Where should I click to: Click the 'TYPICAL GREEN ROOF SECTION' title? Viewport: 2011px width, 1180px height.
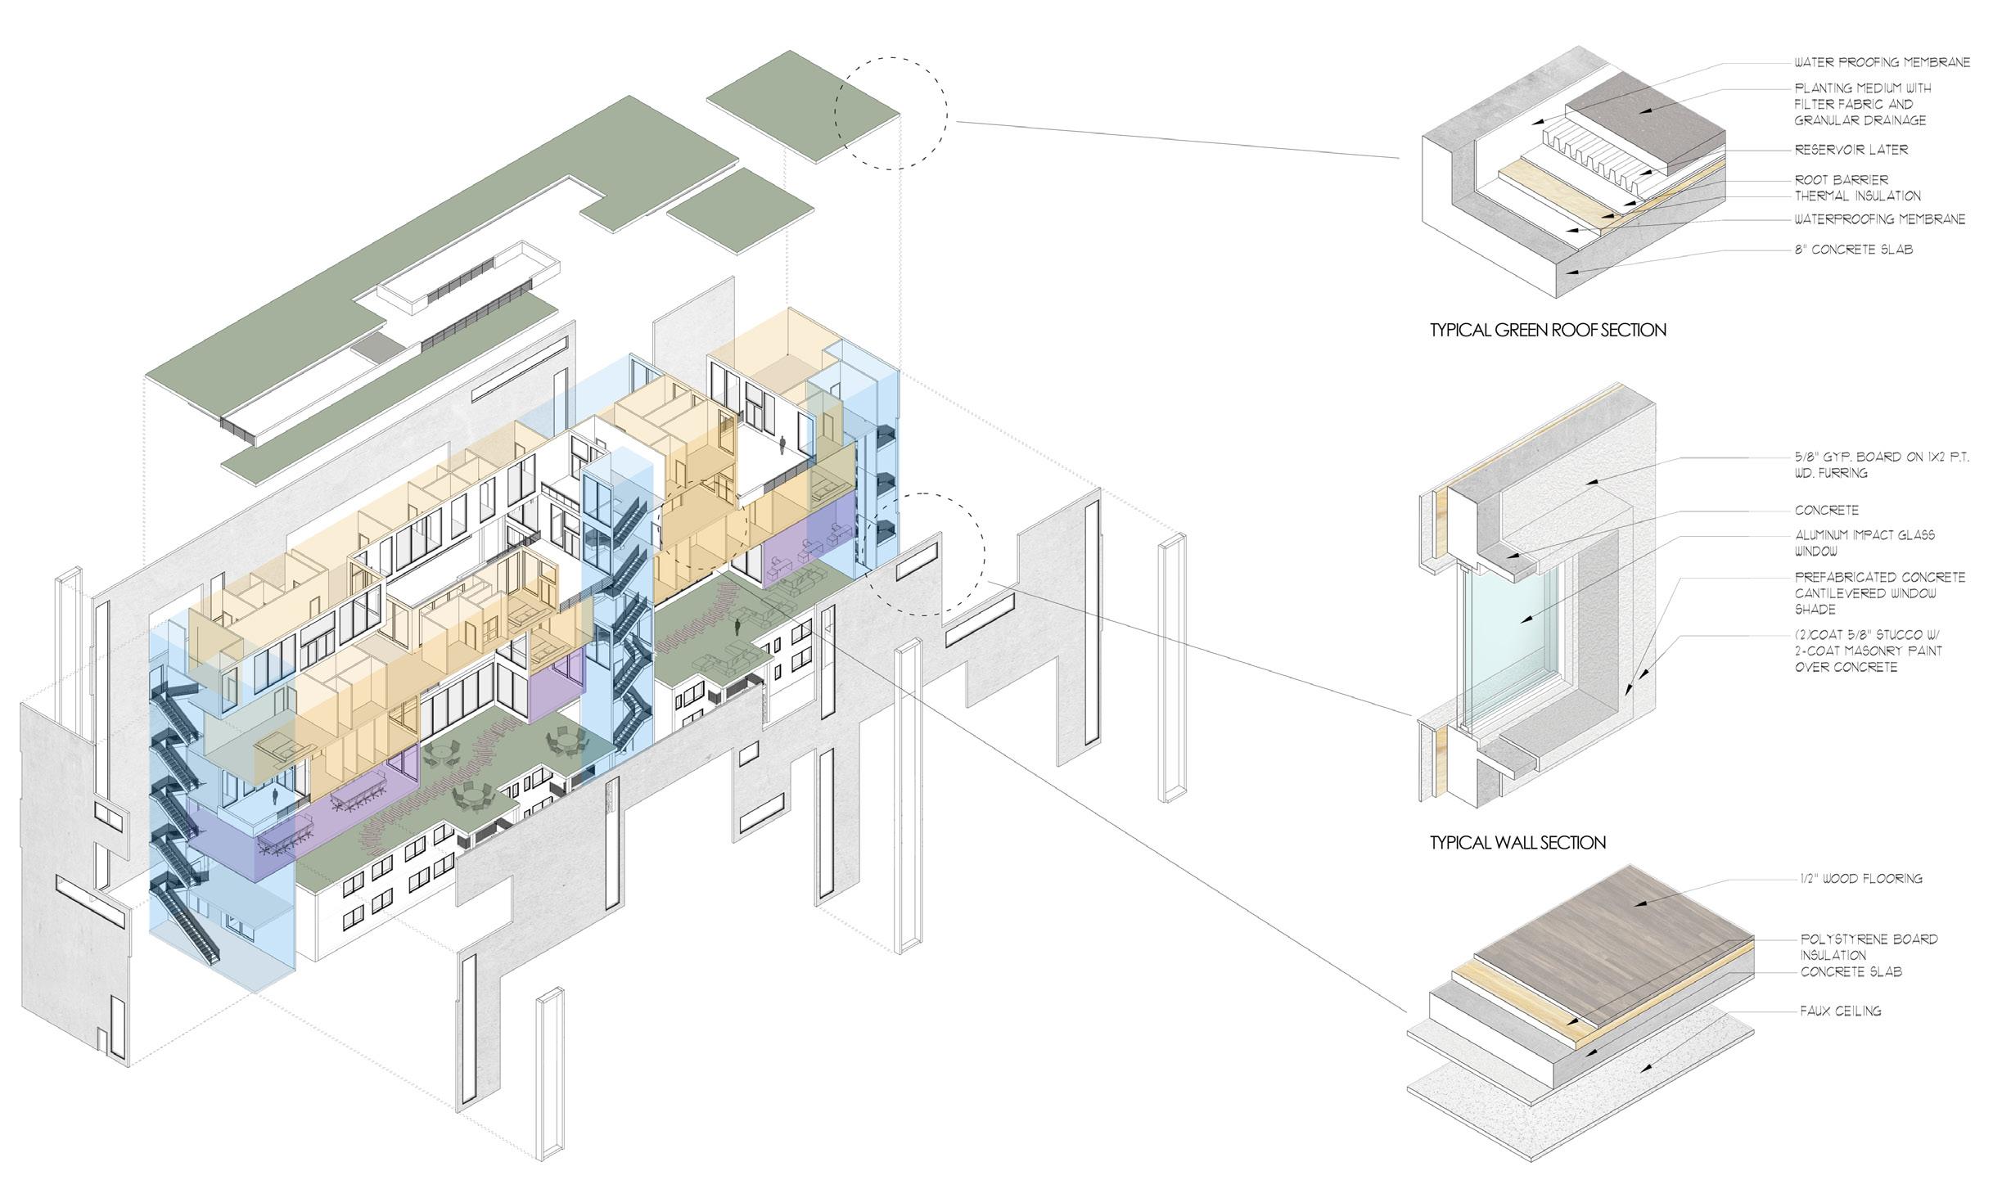[1548, 331]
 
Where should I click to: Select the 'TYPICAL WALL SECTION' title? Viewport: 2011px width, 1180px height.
[1517, 843]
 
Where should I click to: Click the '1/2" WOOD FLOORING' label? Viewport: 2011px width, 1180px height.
[1857, 879]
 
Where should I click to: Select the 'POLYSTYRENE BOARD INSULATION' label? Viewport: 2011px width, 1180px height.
[1869, 947]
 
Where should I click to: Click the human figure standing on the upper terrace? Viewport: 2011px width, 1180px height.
[782, 445]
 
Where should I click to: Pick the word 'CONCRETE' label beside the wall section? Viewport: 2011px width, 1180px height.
[1826, 510]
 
